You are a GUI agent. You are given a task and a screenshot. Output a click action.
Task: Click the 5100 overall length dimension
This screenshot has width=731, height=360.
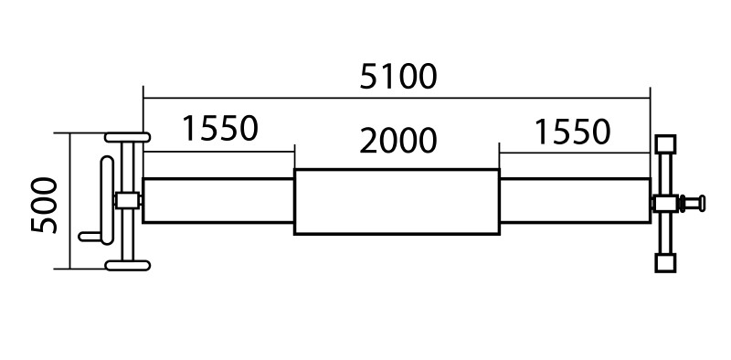coord(398,77)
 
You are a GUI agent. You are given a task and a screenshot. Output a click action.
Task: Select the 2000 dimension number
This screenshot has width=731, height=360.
coord(398,142)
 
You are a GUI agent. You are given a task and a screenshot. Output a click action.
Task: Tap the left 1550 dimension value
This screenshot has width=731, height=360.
coord(219,129)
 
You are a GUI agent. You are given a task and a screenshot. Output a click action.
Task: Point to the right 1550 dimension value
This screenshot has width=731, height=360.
coord(572,132)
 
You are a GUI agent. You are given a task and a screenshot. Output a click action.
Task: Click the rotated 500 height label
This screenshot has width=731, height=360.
coord(44,205)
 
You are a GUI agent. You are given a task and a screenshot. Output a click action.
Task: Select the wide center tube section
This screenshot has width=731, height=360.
coord(397,202)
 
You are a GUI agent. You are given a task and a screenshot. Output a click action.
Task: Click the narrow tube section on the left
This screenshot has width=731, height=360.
coord(218,200)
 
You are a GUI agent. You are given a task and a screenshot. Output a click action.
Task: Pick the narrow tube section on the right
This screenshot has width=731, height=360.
coord(575,200)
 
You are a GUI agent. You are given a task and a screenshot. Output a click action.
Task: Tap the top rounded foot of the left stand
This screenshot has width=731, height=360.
coord(127,137)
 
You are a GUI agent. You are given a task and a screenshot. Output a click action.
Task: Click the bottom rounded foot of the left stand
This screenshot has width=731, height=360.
coord(127,265)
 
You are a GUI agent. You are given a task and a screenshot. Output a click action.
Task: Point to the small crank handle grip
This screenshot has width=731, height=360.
coord(90,237)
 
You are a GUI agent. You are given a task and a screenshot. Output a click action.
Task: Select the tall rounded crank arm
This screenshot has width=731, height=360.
coord(107,200)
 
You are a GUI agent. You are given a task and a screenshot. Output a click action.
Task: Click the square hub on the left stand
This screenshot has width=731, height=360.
coord(127,201)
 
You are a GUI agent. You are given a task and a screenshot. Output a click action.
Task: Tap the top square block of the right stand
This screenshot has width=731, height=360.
coord(665,143)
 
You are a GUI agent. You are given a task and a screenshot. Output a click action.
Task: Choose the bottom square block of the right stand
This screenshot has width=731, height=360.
coord(665,262)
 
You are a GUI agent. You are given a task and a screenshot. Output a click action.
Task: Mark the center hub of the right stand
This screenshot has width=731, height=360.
coord(665,204)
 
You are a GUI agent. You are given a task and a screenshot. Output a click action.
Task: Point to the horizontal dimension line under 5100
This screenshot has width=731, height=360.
coord(397,99)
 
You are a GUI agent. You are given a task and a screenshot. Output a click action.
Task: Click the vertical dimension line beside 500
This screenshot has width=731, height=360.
coord(70,201)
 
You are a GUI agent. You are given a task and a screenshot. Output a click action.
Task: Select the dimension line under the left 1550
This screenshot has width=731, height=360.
coord(218,152)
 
